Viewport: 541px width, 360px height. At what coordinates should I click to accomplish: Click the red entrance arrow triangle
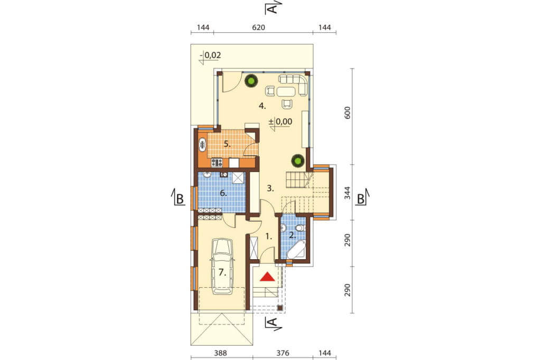267,277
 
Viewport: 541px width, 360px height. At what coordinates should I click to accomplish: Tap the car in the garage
222,267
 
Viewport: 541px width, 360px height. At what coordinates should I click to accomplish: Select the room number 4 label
263,106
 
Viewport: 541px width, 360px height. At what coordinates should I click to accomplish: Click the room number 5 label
227,144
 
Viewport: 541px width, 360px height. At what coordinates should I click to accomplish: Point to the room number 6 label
223,193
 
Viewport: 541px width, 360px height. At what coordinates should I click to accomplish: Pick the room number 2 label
292,235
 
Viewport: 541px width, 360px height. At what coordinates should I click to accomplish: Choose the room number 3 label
270,188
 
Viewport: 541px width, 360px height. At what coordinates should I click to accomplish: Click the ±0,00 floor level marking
280,121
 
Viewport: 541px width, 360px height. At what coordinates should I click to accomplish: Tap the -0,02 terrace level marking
210,55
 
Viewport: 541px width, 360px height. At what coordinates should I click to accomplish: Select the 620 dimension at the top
258,27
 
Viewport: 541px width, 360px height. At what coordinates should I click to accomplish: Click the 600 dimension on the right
348,113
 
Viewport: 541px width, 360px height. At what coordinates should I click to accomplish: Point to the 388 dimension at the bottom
220,353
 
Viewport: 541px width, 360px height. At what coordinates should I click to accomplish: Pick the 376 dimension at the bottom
283,353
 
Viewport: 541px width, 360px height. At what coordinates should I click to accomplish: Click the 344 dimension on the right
348,193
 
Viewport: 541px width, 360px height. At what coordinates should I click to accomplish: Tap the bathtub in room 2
296,250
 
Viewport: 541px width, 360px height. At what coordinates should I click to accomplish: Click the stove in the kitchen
217,162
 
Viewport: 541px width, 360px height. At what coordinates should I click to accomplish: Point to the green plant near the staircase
297,160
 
